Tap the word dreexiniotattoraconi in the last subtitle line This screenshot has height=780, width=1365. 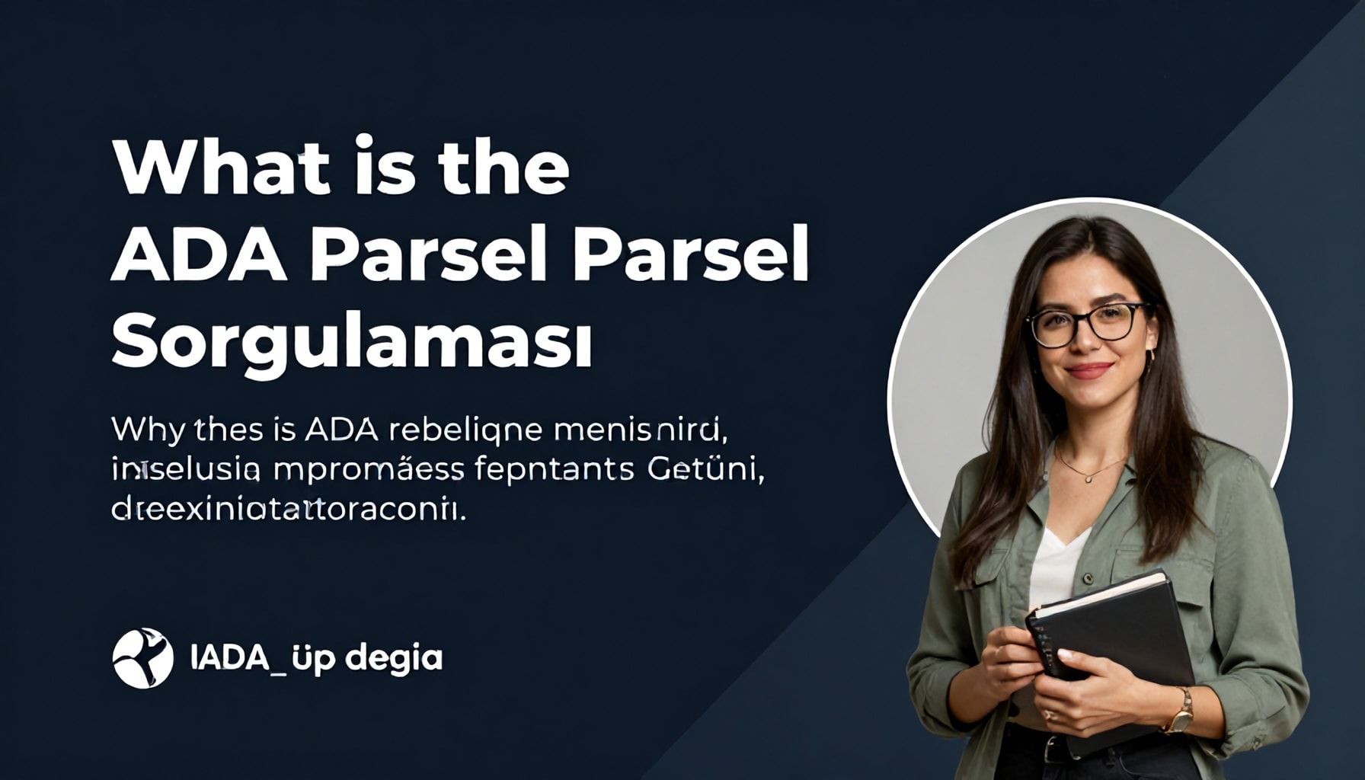pos(287,508)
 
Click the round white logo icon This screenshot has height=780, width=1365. pos(143,658)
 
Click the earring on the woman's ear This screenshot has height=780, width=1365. pos(1149,355)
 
